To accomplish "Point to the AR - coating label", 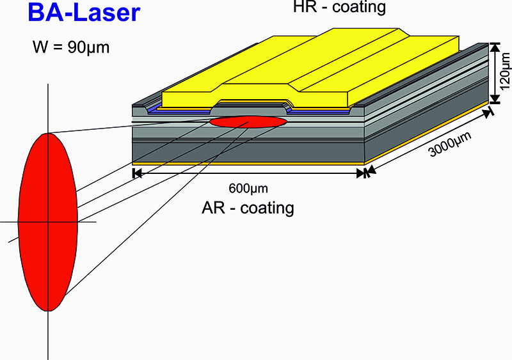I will [x=248, y=207].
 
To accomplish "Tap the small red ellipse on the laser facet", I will [x=249, y=121].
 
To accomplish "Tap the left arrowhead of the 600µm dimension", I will [x=135, y=173].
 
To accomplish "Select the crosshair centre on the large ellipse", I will [x=47, y=222].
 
